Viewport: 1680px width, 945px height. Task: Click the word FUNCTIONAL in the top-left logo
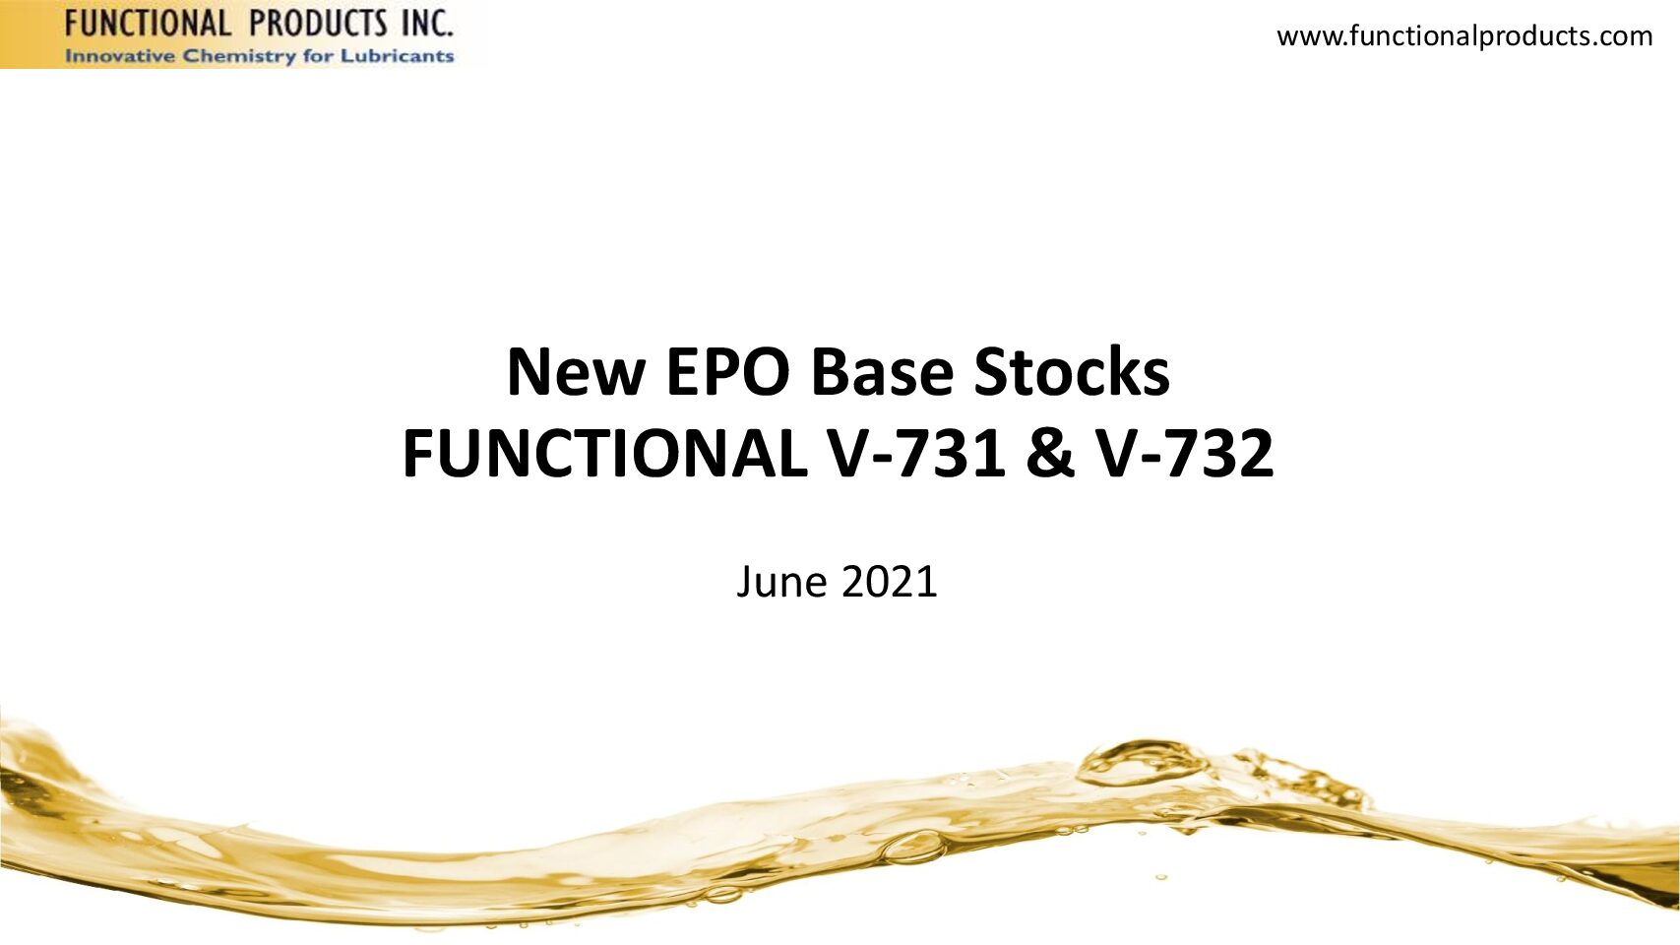click(147, 24)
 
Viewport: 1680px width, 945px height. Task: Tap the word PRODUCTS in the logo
click(325, 24)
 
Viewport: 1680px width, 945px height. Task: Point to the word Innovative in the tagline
click(119, 56)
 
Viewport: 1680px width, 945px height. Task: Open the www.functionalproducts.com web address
click(1464, 35)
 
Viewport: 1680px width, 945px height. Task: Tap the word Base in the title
click(881, 372)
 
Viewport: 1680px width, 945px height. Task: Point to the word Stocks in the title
click(1071, 372)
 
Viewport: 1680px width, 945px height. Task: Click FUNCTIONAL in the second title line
click(603, 455)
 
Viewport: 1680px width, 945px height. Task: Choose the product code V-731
click(915, 455)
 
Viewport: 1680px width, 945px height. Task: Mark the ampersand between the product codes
click(1051, 455)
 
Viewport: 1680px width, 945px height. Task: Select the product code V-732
click(1185, 455)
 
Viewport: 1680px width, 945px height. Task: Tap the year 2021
click(890, 581)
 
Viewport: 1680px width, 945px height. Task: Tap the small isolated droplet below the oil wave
click(1161, 877)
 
